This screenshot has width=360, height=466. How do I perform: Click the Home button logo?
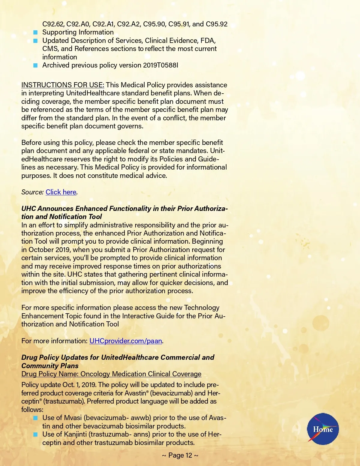[x=323, y=429]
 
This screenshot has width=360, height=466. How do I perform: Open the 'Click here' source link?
[x=61, y=192]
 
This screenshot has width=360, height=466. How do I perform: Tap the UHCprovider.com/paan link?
[x=126, y=341]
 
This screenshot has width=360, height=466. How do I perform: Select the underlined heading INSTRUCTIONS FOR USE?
[x=63, y=85]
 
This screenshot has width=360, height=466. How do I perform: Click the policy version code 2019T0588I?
[x=160, y=65]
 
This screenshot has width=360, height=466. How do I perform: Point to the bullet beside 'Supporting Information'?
[x=35, y=32]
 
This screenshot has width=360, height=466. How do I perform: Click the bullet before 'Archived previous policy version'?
[x=35, y=65]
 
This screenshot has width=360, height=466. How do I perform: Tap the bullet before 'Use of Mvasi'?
[x=35, y=418]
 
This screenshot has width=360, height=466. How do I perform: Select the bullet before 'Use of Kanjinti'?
[x=35, y=434]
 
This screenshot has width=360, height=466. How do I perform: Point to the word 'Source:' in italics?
[x=32, y=192]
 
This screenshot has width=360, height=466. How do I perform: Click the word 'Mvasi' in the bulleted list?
[x=73, y=418]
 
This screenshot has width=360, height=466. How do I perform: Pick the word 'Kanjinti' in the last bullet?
[x=75, y=434]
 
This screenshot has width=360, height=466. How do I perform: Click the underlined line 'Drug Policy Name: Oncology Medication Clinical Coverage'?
[x=111, y=374]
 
